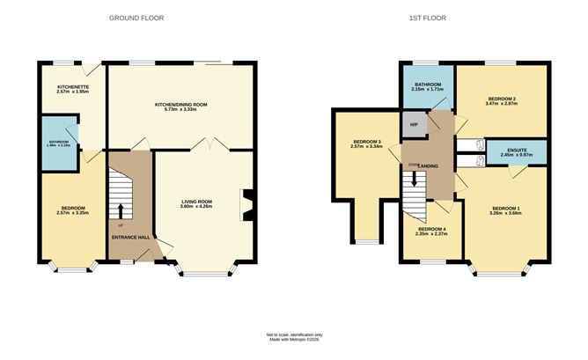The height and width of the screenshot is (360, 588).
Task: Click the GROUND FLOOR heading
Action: pyautogui.click(x=136, y=18)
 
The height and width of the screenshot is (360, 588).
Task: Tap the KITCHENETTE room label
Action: pyautogui.click(x=72, y=87)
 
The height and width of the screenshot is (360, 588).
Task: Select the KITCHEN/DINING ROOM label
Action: pyautogui.click(x=180, y=105)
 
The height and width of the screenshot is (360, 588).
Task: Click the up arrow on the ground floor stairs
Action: pyautogui.click(x=121, y=210)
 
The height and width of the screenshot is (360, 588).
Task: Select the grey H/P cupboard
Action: pyautogui.click(x=414, y=124)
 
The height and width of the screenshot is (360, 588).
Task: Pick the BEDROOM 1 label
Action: pyautogui.click(x=505, y=209)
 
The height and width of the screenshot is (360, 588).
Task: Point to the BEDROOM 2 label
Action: pyautogui.click(x=501, y=98)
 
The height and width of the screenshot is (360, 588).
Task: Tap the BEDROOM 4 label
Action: pyautogui.click(x=431, y=230)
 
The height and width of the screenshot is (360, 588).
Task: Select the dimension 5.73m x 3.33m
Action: pyautogui.click(x=180, y=111)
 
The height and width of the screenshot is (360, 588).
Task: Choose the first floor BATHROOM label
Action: pyautogui.click(x=429, y=84)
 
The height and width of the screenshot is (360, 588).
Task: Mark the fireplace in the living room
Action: pyautogui.click(x=246, y=202)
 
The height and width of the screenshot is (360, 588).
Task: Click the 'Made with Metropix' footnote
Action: pyautogui.click(x=294, y=339)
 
